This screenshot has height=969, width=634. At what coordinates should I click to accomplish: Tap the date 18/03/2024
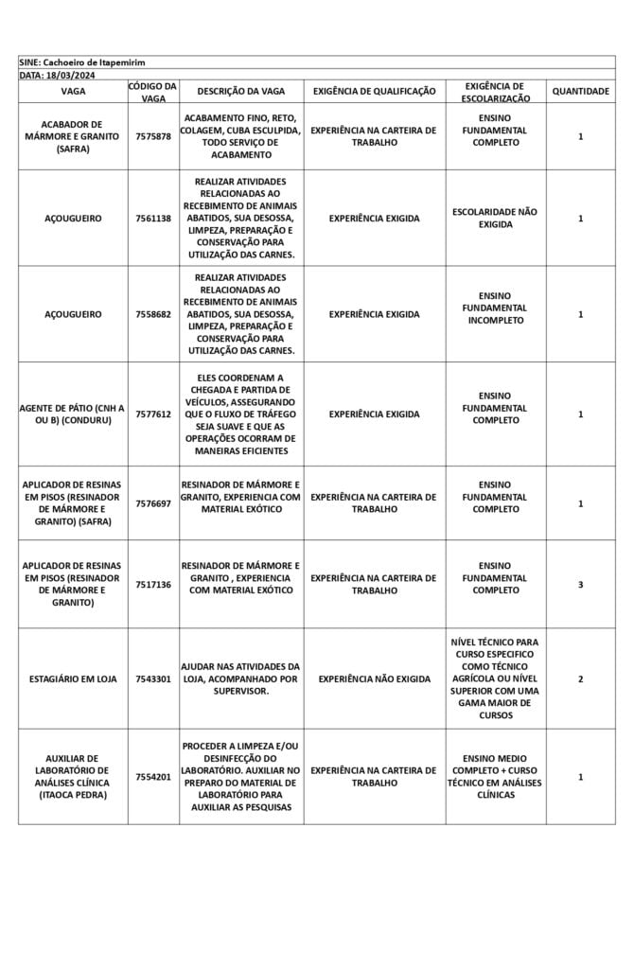click(72, 74)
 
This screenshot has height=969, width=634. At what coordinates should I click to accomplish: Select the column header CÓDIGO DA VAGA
click(153, 92)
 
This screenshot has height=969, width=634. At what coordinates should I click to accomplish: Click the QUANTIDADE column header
click(580, 92)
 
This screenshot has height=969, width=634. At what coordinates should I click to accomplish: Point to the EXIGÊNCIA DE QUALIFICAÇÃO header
click(374, 92)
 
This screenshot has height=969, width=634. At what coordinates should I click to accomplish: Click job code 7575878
click(153, 136)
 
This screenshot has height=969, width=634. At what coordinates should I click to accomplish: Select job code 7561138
click(153, 219)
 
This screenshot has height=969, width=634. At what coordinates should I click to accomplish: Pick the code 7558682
click(153, 314)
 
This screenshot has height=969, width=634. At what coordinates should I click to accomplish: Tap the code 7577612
click(153, 414)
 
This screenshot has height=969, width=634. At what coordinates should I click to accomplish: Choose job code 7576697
click(153, 503)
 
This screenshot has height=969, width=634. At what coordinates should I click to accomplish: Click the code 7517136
click(153, 585)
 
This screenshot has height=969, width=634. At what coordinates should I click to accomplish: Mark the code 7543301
click(153, 679)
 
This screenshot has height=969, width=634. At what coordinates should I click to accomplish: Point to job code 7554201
click(153, 777)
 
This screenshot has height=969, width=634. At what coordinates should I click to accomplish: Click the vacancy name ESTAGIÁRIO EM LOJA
click(73, 679)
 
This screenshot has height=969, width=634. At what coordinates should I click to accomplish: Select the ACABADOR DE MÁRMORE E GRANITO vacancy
click(73, 136)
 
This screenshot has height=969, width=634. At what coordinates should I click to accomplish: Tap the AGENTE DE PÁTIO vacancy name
click(73, 414)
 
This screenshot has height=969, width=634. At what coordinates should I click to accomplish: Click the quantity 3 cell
click(580, 585)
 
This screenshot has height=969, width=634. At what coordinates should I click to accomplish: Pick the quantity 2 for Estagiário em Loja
click(580, 679)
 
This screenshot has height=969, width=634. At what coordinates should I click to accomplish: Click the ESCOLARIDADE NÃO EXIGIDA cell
click(495, 219)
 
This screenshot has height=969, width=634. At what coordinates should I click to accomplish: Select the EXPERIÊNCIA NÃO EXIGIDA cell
click(374, 679)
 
